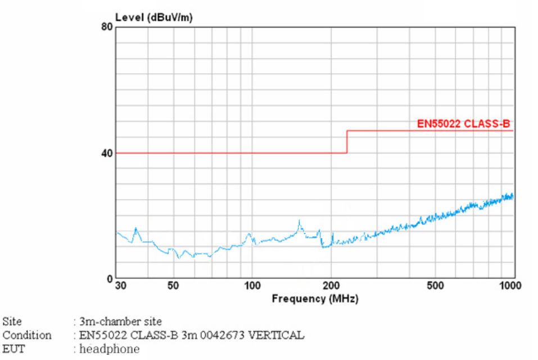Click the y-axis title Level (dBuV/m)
[x=153, y=17]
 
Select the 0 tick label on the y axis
[x=110, y=279]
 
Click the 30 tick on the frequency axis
[x=120, y=286]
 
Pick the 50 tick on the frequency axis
[x=173, y=286]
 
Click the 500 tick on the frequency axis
[x=435, y=286]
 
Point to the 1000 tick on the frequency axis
[x=511, y=286]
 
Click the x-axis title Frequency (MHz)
[x=315, y=298]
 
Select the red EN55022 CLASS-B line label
[x=463, y=124]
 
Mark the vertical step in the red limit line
[x=347, y=142]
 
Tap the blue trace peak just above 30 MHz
[x=135, y=228]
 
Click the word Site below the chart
[x=12, y=322]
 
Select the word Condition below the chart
[x=26, y=335]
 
